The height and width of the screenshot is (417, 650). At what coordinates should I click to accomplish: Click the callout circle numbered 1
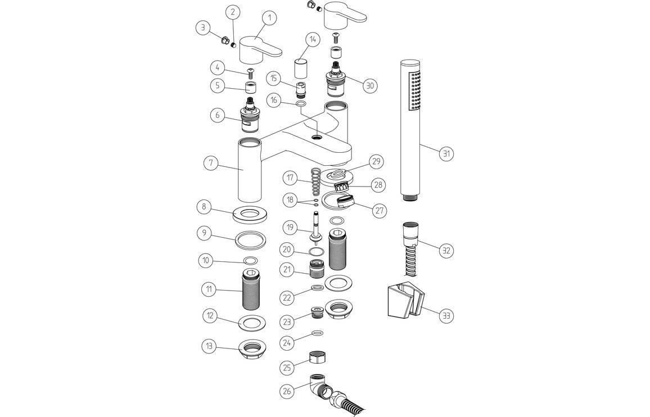click(269, 18)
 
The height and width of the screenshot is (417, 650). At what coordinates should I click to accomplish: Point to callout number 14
click(312, 40)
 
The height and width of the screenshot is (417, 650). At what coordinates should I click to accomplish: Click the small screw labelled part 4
click(251, 71)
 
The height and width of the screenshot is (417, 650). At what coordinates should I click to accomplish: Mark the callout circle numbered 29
click(375, 162)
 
